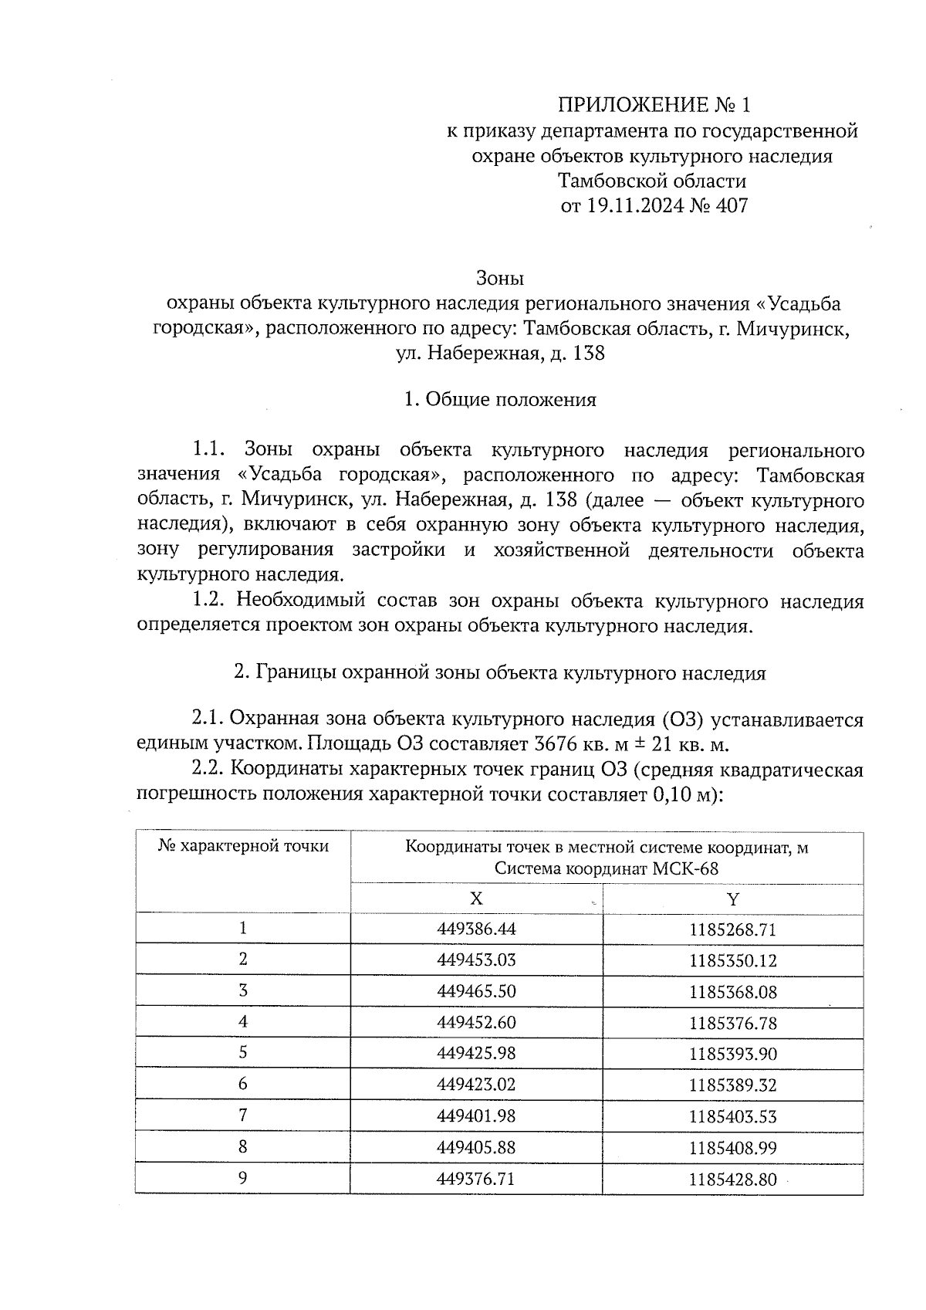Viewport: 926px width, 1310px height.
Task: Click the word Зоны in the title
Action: click(499, 277)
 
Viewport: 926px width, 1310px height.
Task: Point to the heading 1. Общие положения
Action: click(500, 400)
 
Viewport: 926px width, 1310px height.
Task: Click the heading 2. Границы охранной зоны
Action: click(499, 673)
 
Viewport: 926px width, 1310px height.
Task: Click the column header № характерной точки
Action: click(243, 846)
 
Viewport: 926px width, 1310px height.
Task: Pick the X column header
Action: click(476, 899)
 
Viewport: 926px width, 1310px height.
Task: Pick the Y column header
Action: click(733, 899)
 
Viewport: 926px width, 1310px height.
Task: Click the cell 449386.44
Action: click(476, 929)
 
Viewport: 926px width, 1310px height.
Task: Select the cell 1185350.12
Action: click(733, 960)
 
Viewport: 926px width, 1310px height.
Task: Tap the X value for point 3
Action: click(476, 991)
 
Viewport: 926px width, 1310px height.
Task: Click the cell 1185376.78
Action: click(733, 1023)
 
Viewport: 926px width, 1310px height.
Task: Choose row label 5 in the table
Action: click(243, 1053)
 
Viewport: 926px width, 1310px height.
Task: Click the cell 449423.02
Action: click(476, 1085)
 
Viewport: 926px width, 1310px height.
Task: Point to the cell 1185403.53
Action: click(733, 1116)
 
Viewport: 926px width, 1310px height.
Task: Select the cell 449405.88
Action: click(476, 1147)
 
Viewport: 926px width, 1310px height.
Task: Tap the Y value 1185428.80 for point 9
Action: click(733, 1179)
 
